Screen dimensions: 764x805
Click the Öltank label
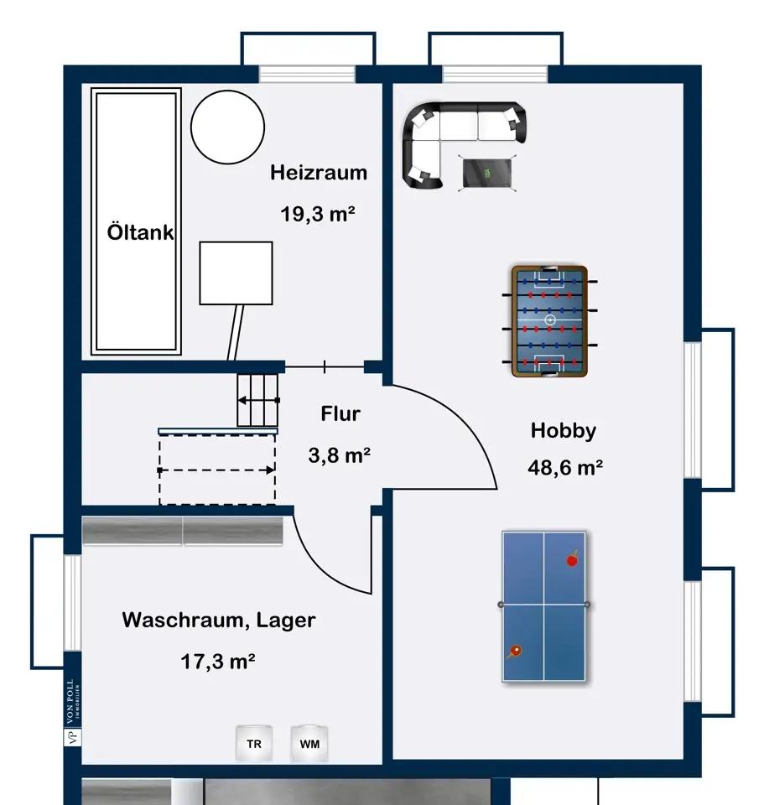click(140, 232)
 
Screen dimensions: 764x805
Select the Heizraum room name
click(319, 173)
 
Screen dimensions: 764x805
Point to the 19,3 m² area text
click(318, 214)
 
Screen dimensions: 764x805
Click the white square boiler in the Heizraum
click(236, 273)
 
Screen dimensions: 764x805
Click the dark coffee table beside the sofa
click(487, 173)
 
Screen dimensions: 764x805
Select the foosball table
click(549, 321)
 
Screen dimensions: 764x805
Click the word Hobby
click(564, 430)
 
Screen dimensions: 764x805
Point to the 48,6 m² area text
click(565, 467)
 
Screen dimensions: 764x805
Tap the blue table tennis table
click(544, 606)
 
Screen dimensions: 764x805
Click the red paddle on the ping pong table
click(573, 559)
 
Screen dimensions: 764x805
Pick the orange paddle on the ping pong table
click(514, 652)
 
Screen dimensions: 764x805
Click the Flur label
click(340, 413)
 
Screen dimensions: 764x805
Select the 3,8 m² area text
click(340, 454)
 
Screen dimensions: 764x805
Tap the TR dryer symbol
click(254, 744)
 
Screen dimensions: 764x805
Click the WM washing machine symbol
click(309, 744)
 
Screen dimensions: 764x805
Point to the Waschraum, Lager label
click(219, 621)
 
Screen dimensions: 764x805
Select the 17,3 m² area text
click(218, 662)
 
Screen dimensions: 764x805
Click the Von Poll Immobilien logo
click(72, 712)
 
